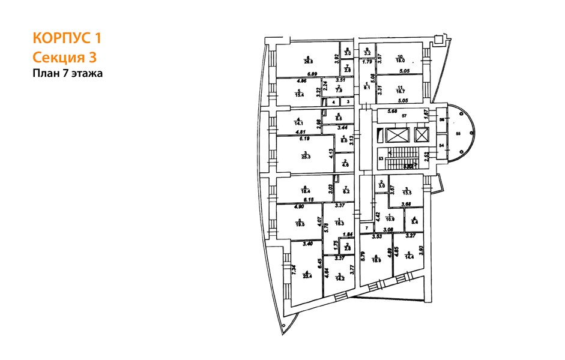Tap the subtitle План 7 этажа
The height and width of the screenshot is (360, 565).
[x=68, y=74]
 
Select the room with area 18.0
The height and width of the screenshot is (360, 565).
[x=399, y=59]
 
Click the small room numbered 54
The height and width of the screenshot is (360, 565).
[x=441, y=146]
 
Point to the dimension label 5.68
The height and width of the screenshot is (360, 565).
[x=393, y=110]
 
